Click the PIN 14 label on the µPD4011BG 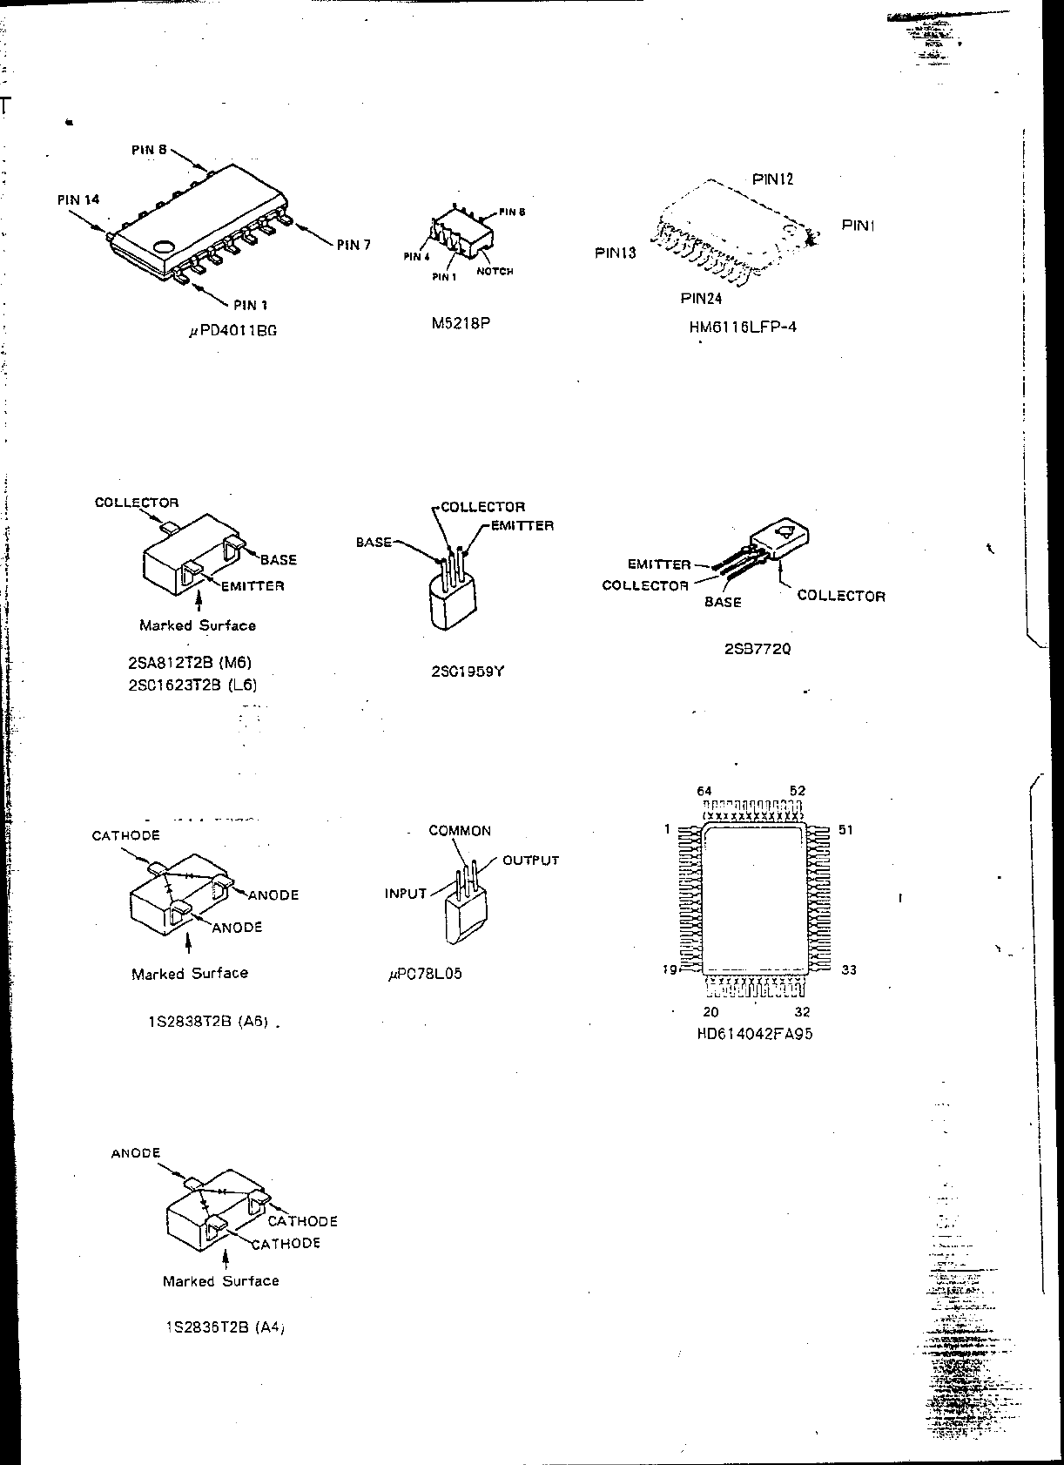click(x=78, y=199)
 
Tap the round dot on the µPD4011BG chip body click(x=163, y=246)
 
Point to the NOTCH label click(x=495, y=272)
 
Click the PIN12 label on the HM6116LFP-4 click(x=772, y=179)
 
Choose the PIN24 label click(x=701, y=299)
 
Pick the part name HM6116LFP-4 click(x=743, y=327)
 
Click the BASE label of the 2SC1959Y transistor click(x=374, y=543)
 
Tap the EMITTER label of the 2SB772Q click(x=659, y=564)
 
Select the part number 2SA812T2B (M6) click(x=189, y=663)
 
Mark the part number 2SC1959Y click(x=467, y=672)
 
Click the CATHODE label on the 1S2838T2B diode click(x=126, y=836)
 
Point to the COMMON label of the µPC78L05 click(x=460, y=831)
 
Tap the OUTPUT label click(x=530, y=861)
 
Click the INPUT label click(x=406, y=894)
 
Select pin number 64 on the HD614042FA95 click(x=704, y=791)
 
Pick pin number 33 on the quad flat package click(x=849, y=969)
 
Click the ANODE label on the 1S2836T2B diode click(x=136, y=1153)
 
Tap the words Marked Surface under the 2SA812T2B click(x=198, y=625)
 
